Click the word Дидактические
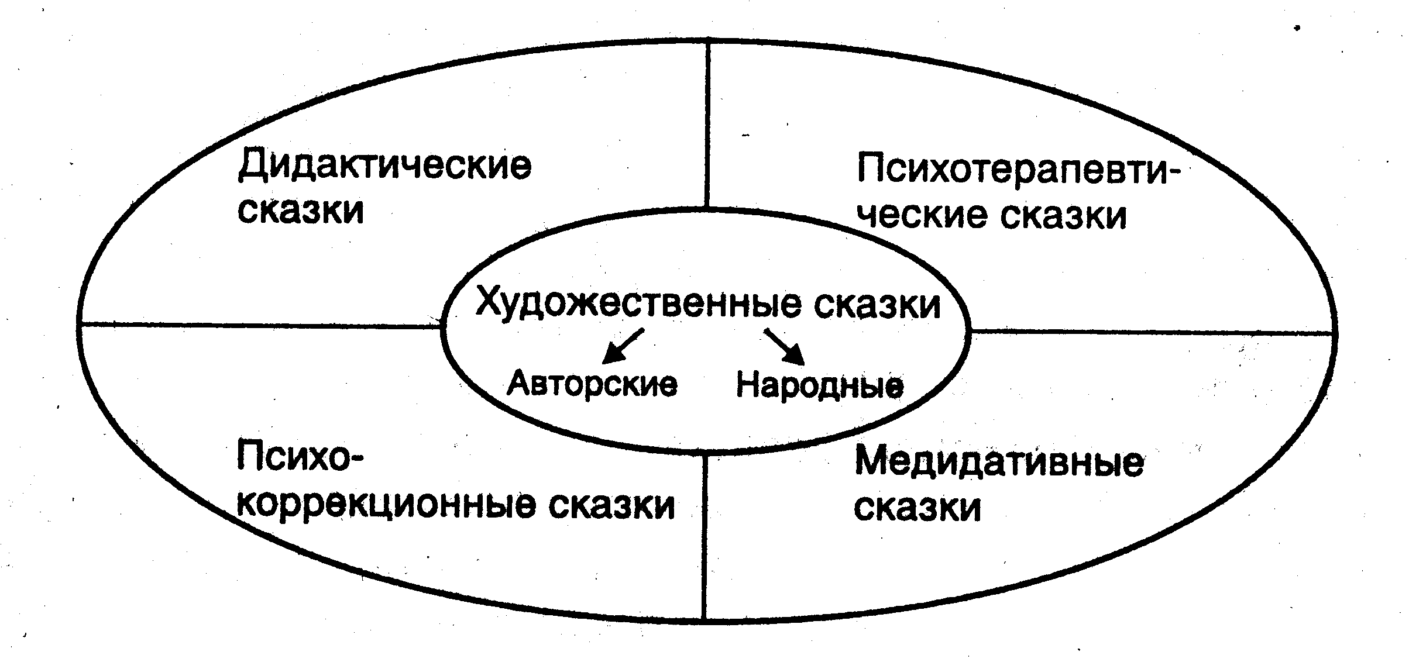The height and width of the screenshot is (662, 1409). tap(384, 165)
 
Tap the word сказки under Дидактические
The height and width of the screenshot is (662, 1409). tap(301, 211)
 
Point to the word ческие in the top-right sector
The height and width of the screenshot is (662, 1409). tap(924, 215)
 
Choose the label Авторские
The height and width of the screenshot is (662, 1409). tap(592, 384)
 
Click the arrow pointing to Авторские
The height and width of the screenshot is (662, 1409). tap(623, 346)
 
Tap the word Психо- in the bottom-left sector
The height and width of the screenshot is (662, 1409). tap(300, 457)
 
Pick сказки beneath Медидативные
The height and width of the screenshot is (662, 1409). tap(917, 508)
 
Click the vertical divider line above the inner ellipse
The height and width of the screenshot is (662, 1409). tap(707, 123)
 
